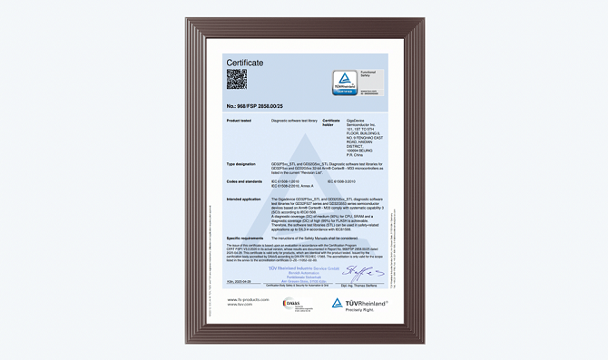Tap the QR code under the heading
point(236,80)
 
